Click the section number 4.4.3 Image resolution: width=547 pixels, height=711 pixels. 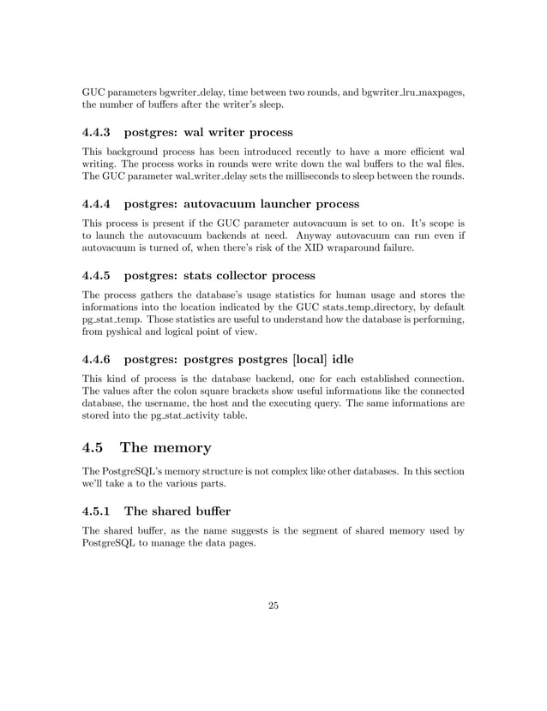pyautogui.click(x=97, y=133)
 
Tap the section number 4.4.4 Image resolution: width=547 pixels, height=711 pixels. pyautogui.click(x=97, y=205)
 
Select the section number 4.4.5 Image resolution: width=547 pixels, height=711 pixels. pyautogui.click(x=97, y=276)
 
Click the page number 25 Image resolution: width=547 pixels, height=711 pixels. pyautogui.click(x=273, y=606)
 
